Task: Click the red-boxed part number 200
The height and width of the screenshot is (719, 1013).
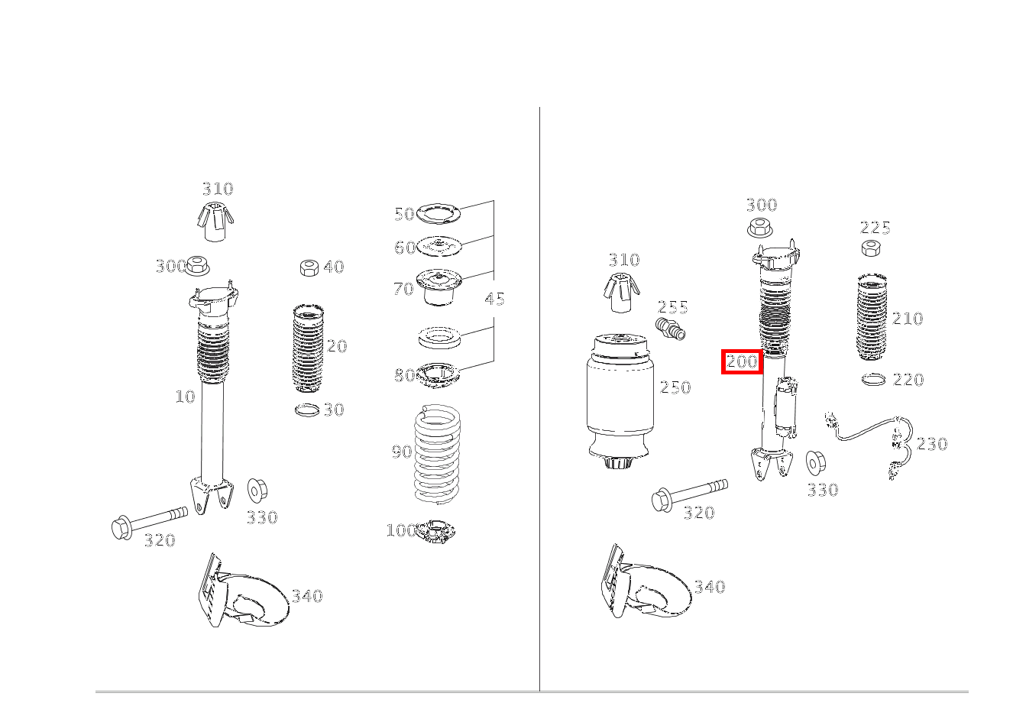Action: click(x=742, y=361)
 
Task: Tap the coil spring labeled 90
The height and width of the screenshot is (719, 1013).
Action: click(x=437, y=455)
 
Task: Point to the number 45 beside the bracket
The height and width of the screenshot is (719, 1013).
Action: click(x=495, y=299)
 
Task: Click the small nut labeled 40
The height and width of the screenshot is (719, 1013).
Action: click(x=308, y=267)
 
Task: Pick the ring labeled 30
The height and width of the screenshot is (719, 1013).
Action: click(x=306, y=410)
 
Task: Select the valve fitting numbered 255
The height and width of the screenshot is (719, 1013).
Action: click(x=670, y=329)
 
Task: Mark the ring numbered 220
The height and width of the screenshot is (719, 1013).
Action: click(x=873, y=379)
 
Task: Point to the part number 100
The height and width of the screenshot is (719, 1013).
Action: click(x=400, y=530)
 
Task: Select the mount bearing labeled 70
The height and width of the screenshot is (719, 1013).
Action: click(x=439, y=288)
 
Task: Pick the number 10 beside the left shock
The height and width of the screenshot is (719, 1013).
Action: click(x=185, y=397)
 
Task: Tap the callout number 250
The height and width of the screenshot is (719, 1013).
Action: click(x=675, y=387)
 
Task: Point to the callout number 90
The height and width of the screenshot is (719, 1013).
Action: click(x=402, y=452)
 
